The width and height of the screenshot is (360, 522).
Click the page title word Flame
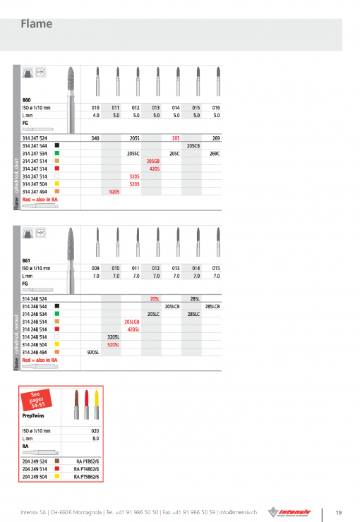(37, 24)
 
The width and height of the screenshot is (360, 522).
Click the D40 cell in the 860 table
(95, 138)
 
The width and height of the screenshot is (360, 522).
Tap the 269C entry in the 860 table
(215, 153)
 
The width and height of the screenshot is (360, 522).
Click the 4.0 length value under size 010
(95, 114)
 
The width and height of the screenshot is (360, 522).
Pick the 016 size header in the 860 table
(216, 107)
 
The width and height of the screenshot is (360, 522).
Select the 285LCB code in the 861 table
(212, 306)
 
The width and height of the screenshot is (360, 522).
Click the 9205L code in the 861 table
(92, 351)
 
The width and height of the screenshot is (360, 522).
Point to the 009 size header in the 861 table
(95, 268)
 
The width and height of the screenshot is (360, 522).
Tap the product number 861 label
(27, 260)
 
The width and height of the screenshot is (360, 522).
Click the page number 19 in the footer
(338, 512)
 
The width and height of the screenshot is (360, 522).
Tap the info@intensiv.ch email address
(238, 511)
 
